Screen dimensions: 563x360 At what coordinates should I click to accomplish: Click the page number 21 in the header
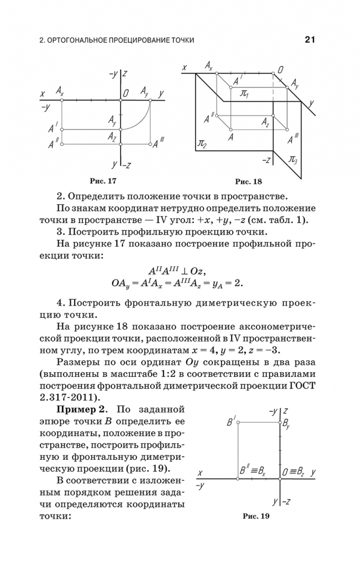coord(311,40)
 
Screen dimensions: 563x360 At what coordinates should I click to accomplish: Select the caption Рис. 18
coord(248,182)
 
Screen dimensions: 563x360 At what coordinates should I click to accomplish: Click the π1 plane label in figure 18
coord(243,94)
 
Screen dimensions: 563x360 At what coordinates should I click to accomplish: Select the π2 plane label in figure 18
coord(201,143)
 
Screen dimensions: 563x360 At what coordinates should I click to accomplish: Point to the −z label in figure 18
coord(266,160)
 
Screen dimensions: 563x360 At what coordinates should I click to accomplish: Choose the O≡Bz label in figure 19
coord(293,472)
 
